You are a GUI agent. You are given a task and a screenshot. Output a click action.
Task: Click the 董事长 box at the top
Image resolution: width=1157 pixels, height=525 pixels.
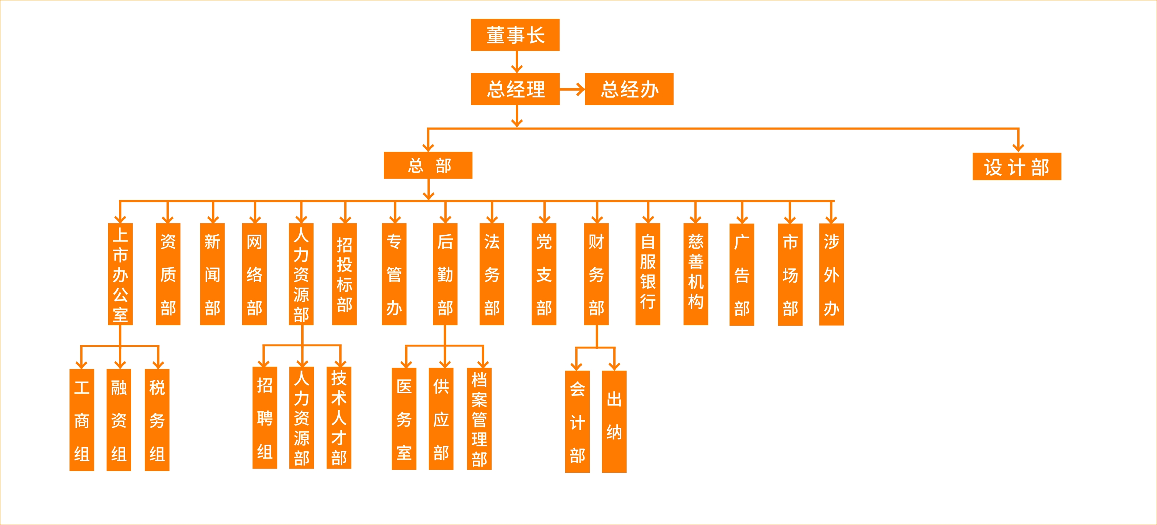[515, 35]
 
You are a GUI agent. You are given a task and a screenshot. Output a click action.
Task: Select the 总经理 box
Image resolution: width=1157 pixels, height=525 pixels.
[515, 89]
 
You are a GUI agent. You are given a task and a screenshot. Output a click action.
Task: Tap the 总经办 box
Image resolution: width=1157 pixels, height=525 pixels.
[629, 89]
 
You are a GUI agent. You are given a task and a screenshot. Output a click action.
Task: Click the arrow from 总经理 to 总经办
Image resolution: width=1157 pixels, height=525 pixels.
[572, 89]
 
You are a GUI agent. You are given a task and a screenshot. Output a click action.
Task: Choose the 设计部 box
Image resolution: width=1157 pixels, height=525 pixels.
[1017, 167]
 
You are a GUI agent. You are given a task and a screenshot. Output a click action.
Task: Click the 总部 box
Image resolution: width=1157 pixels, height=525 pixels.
[427, 166]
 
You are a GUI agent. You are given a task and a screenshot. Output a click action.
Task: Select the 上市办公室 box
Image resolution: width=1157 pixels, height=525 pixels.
[120, 274]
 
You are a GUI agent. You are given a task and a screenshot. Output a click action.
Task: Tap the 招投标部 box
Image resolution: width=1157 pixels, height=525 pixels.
[345, 274]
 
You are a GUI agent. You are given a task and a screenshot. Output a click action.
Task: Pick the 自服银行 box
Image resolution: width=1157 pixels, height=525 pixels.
[648, 274]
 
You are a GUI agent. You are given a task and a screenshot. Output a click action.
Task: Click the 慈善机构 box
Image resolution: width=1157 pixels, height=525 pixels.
[696, 274]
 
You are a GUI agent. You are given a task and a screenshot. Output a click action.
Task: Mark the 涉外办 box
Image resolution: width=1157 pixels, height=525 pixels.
[831, 274]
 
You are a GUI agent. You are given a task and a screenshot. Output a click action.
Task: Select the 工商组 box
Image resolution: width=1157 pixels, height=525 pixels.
[82, 420]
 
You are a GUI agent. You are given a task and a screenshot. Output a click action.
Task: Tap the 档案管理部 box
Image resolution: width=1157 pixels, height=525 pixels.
[479, 419]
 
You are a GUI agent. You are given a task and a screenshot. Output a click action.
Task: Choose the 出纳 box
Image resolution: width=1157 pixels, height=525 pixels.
[614, 421]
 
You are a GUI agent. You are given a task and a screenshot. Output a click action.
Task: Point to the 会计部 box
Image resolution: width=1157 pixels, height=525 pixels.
[577, 422]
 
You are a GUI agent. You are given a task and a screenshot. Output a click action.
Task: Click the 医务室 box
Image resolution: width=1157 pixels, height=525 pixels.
[404, 419]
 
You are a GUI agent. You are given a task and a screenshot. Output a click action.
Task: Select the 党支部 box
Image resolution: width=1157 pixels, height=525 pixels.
[544, 274]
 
